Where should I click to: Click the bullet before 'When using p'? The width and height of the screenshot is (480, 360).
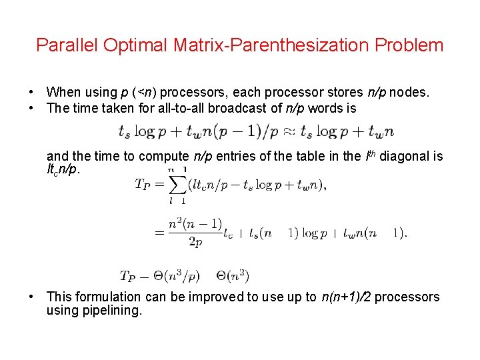(31, 93)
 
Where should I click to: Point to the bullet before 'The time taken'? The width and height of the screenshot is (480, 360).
(31, 108)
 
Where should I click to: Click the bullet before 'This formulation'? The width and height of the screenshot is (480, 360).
(31, 297)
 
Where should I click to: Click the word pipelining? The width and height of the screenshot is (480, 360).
(111, 311)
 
